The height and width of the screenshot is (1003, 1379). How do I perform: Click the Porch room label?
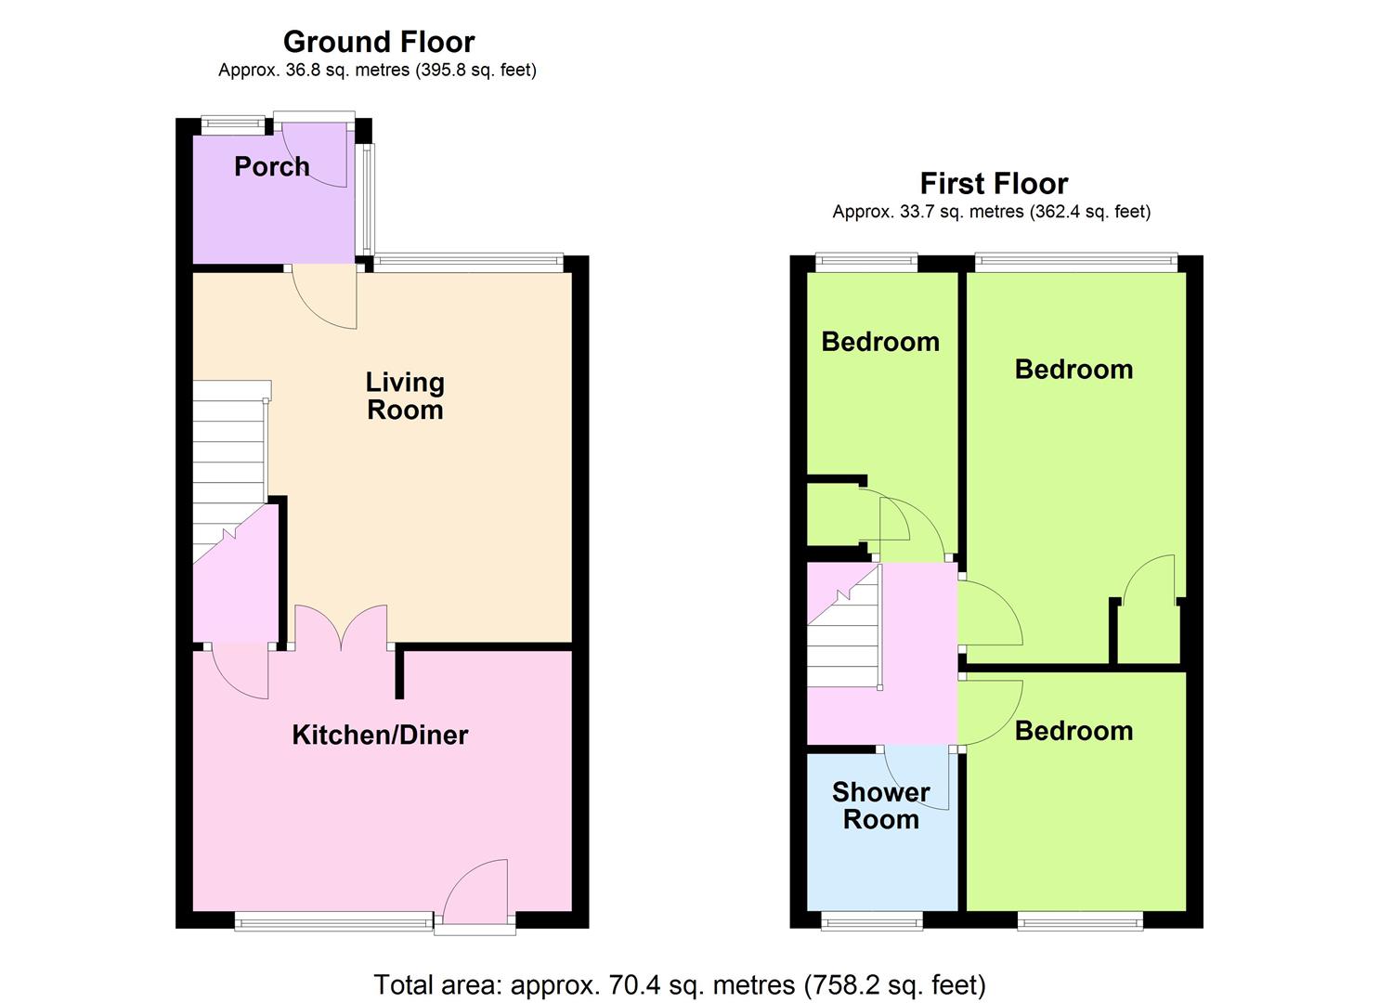(x=271, y=166)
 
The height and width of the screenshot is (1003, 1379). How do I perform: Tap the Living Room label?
(x=405, y=396)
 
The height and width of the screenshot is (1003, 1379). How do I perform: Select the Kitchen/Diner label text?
(x=380, y=735)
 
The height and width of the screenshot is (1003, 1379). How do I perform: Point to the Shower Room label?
(x=881, y=805)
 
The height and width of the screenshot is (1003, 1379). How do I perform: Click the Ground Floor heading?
(x=379, y=42)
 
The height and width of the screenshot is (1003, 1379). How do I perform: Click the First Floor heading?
(x=994, y=183)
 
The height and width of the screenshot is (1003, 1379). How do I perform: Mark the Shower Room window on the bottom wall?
(x=872, y=921)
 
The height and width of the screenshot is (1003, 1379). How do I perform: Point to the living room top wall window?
(x=469, y=263)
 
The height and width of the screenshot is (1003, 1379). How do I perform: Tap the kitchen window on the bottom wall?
(x=333, y=921)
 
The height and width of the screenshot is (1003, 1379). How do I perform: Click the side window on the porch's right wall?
(x=366, y=200)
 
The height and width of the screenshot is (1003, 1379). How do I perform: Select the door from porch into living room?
(x=324, y=296)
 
